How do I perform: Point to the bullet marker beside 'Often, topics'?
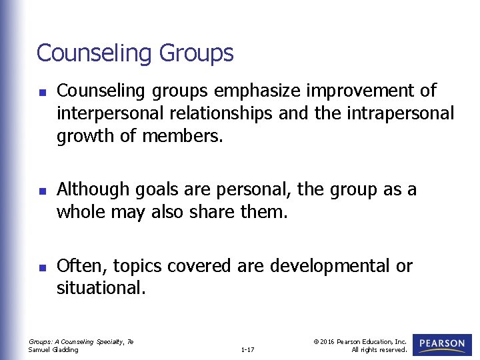click(41, 268)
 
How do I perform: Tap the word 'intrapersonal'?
click(400, 114)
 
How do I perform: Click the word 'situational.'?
click(99, 289)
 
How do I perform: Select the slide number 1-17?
click(247, 349)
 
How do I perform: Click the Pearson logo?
click(442, 345)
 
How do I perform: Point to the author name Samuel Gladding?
click(53, 349)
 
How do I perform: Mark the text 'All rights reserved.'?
click(379, 349)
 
